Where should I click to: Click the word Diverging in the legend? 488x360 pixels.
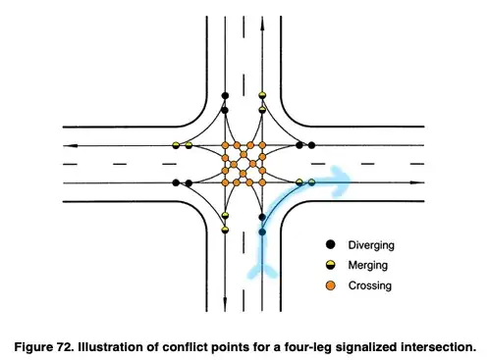[371, 245]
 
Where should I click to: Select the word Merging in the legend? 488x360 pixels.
[368, 265]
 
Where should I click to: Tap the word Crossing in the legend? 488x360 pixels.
[370, 285]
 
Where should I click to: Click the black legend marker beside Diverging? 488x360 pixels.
[331, 244]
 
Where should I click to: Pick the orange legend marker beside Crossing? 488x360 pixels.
[331, 285]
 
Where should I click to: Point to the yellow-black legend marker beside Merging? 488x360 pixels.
[331, 265]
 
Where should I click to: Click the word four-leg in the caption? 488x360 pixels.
[308, 347]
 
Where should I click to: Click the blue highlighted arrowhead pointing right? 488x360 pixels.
[341, 181]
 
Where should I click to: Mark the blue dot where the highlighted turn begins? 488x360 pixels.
[262, 232]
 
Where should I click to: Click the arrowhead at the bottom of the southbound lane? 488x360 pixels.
[225, 304]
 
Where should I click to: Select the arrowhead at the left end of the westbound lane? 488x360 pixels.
[70, 145]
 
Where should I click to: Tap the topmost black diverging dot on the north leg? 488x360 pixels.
[225, 95]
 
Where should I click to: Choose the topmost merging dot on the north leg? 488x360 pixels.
[262, 95]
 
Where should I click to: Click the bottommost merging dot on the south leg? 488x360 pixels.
[225, 230]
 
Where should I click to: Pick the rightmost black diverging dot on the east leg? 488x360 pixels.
[311, 145]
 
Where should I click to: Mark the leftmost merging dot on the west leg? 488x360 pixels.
[176, 145]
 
